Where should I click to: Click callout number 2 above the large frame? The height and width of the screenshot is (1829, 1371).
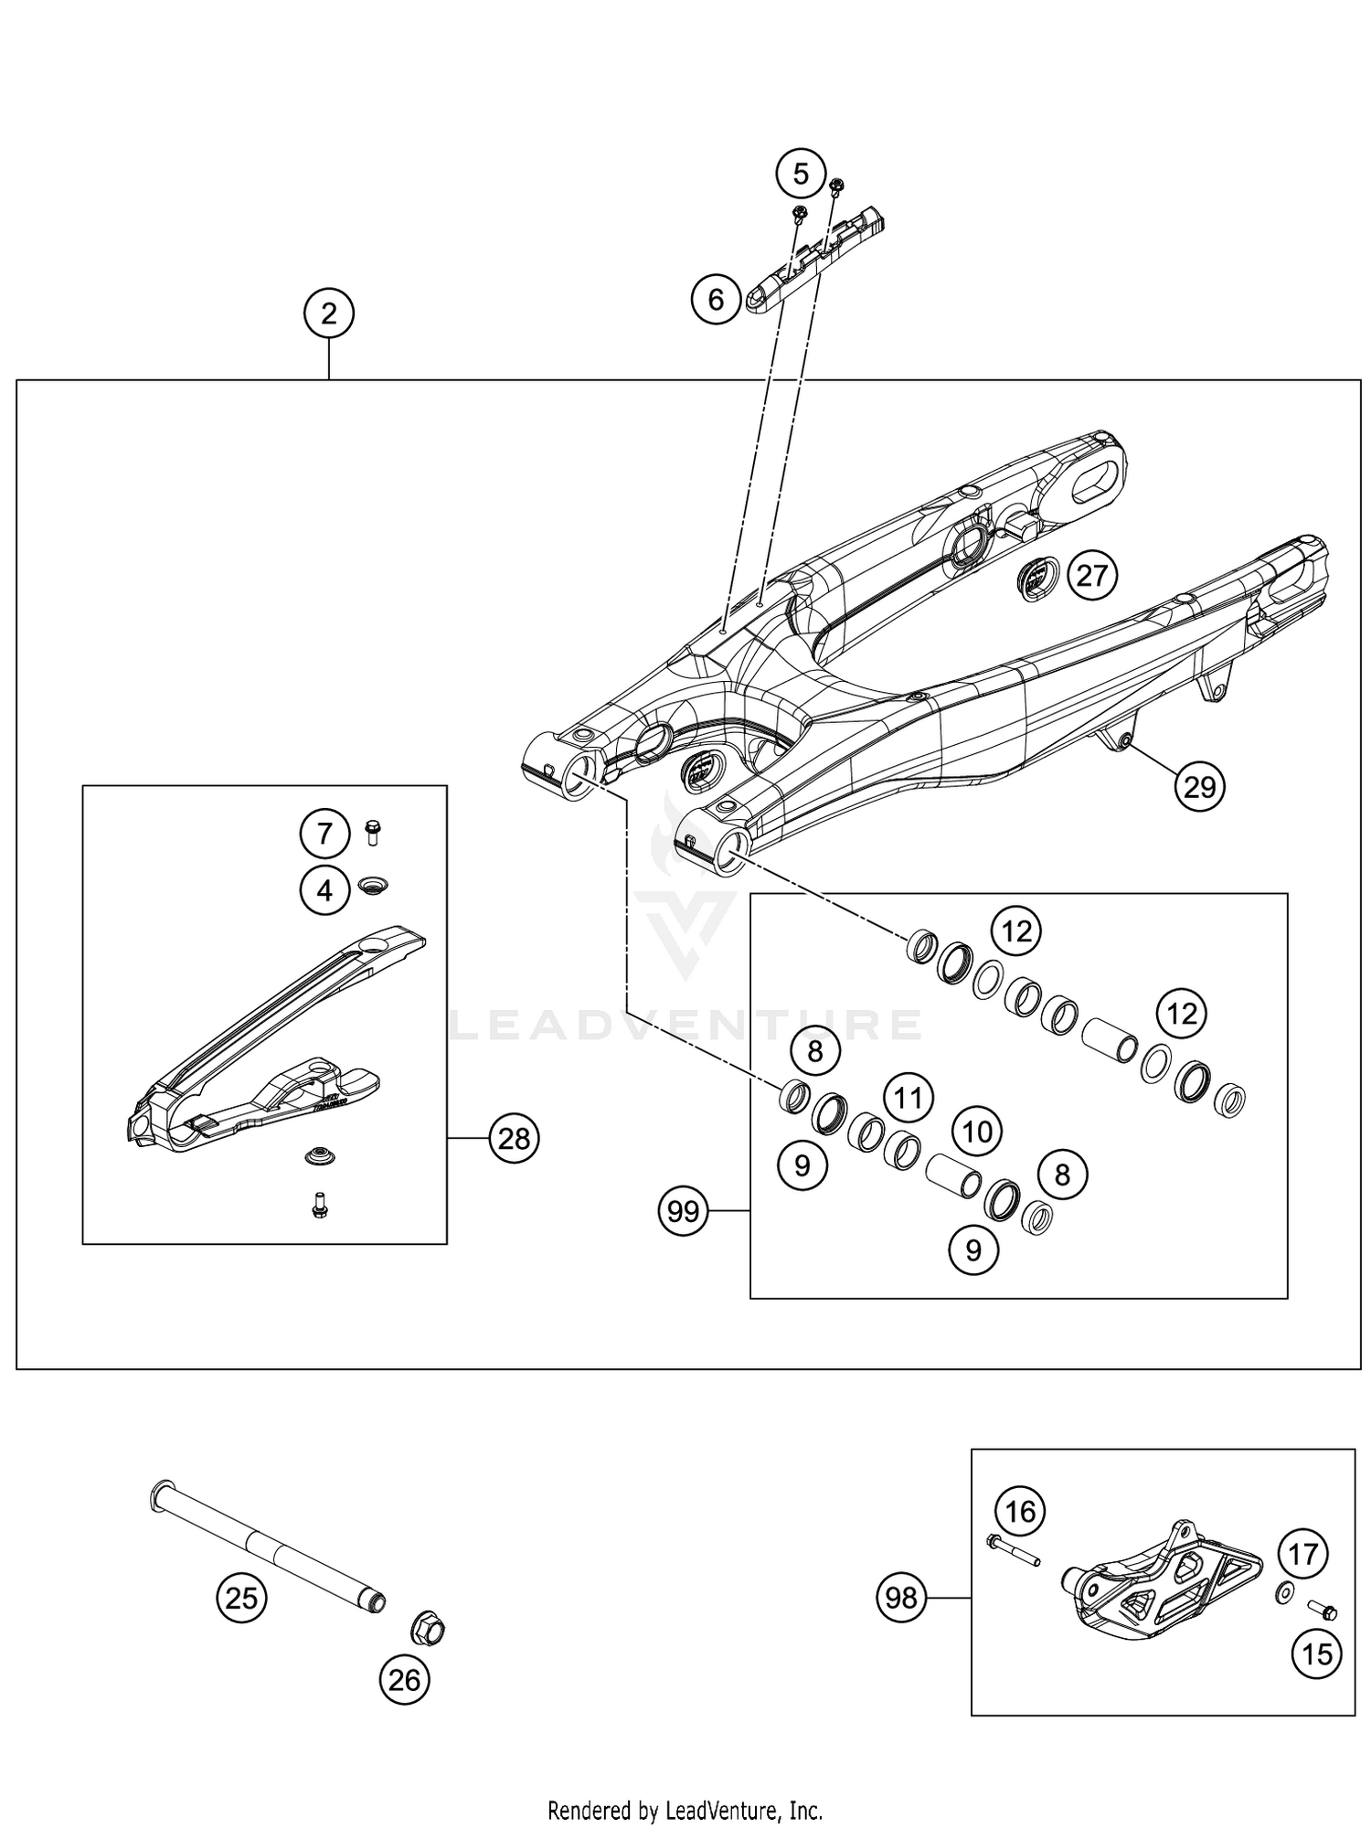point(328,314)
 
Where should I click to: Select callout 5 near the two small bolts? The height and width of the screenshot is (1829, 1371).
point(801,174)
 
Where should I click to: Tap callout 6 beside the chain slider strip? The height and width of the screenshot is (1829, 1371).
point(716,299)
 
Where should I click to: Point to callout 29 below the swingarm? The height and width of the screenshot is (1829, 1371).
point(1199,785)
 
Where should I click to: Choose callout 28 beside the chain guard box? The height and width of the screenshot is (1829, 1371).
point(515,1138)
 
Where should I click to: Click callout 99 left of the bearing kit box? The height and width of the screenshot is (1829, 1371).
point(683,1211)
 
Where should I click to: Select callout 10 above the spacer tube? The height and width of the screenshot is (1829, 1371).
point(977,1132)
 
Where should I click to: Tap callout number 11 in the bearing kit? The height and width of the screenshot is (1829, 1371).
point(908,1097)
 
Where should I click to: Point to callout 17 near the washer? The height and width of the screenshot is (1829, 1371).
point(1303,1553)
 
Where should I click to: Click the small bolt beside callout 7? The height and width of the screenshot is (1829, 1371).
point(372,832)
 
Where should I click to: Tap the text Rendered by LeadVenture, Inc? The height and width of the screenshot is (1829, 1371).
point(685,1809)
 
